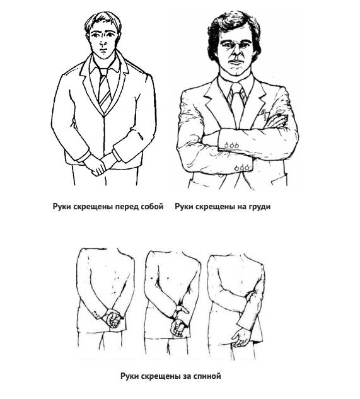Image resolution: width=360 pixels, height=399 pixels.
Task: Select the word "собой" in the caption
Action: (x=152, y=206)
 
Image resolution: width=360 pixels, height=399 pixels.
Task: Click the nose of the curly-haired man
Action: (x=235, y=52)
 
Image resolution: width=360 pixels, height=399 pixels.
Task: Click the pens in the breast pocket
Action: (x=265, y=114)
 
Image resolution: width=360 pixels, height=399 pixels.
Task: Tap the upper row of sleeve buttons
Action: (x=231, y=146)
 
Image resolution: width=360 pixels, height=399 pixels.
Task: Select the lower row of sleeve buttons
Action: (x=241, y=168)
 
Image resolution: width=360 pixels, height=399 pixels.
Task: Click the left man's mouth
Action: (x=103, y=50)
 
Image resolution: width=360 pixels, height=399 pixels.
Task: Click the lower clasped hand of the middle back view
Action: (x=177, y=328)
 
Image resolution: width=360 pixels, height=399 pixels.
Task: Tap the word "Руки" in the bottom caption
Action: (x=130, y=376)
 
